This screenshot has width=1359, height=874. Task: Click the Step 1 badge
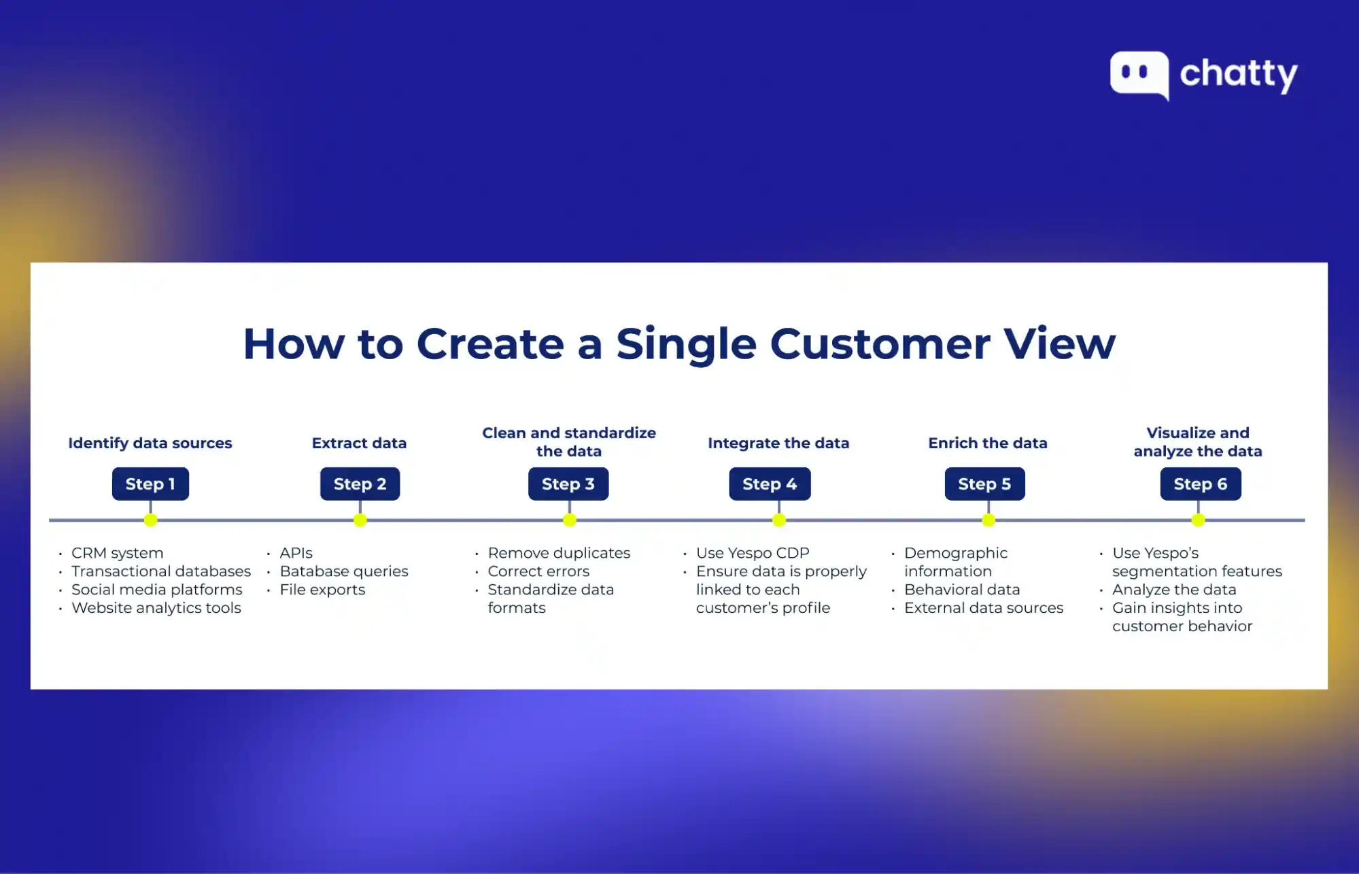(x=150, y=484)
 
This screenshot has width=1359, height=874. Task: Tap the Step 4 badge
(x=770, y=484)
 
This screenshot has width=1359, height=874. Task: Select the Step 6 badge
(x=1200, y=484)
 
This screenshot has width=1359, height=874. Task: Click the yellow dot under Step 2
(x=360, y=520)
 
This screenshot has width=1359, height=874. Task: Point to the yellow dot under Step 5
(x=988, y=520)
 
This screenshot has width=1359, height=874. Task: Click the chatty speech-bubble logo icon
(x=1139, y=74)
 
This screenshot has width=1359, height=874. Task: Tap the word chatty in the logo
(x=1239, y=74)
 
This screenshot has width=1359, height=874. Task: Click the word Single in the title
(x=686, y=344)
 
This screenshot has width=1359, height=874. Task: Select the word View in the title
(x=1059, y=343)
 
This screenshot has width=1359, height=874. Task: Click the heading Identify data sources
(x=150, y=443)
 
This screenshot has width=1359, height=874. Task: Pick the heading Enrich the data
(x=988, y=443)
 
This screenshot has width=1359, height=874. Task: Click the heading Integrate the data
(x=778, y=443)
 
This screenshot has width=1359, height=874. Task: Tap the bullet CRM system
(x=118, y=553)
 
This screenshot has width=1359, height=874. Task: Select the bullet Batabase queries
(x=344, y=571)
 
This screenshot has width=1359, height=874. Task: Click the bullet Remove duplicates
(x=559, y=553)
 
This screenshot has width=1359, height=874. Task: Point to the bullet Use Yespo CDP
(x=753, y=553)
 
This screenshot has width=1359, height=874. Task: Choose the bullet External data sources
(x=984, y=608)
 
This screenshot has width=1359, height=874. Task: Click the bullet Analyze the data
(x=1174, y=590)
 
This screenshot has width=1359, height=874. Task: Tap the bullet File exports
(x=322, y=590)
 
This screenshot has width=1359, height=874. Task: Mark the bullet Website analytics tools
(x=156, y=608)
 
